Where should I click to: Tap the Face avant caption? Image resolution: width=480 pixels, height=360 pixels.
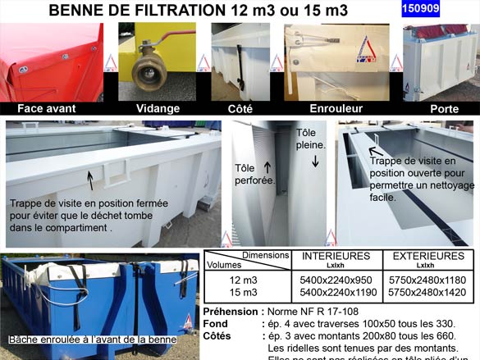click(x=47, y=108)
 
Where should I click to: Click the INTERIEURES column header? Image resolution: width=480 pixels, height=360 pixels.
click(x=336, y=256)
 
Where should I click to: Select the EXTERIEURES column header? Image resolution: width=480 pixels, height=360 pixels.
click(x=428, y=256)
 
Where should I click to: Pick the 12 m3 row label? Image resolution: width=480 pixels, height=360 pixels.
click(x=243, y=280)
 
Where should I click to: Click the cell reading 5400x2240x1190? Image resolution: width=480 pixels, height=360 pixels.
click(x=336, y=292)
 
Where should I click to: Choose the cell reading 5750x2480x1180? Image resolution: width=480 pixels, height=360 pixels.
click(x=427, y=280)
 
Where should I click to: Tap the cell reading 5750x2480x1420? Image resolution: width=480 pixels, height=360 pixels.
click(x=427, y=292)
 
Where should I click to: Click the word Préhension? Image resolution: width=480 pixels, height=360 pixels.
click(x=233, y=312)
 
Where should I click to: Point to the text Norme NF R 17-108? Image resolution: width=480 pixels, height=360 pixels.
click(x=315, y=312)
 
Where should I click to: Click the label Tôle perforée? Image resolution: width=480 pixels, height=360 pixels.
click(x=254, y=173)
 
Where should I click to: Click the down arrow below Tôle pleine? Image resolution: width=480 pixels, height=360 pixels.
click(x=315, y=162)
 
